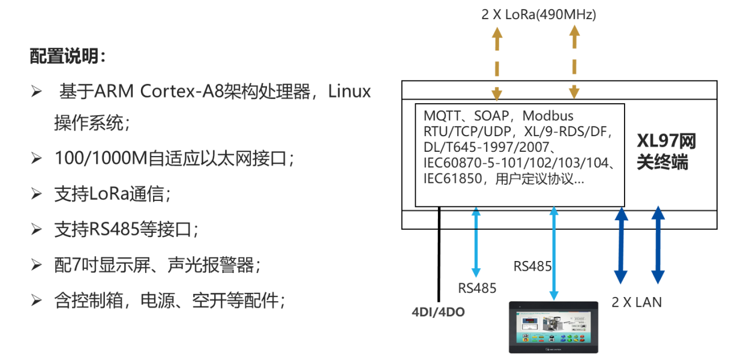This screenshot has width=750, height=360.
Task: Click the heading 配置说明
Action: coord(68,57)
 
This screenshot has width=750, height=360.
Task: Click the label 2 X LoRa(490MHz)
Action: coord(538,14)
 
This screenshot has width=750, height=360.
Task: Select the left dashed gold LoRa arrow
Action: coord(497,63)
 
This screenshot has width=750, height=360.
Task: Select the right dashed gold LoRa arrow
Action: coord(574,63)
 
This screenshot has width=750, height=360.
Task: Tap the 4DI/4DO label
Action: coord(438,312)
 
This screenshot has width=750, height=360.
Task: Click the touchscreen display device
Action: coord(553,327)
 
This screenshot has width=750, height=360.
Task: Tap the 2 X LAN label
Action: coord(637,302)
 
